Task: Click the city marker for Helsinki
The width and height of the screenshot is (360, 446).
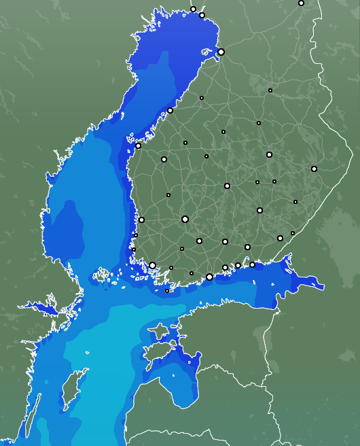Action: (209, 277)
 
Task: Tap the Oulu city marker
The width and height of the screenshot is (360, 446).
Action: (221, 52)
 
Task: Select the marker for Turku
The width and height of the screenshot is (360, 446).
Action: (153, 265)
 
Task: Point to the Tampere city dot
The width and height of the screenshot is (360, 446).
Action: (185, 219)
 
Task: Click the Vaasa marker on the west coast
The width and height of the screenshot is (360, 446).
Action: (139, 145)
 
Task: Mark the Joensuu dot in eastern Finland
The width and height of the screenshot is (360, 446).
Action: (314, 169)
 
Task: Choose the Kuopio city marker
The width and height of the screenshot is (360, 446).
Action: (269, 155)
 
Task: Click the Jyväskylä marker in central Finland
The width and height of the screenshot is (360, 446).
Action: (227, 186)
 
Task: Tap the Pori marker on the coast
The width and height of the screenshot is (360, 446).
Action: (141, 220)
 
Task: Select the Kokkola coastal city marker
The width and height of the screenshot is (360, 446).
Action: (170, 110)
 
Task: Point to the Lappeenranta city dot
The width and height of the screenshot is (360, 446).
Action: (280, 238)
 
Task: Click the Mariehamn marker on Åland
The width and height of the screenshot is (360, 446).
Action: (167, 291)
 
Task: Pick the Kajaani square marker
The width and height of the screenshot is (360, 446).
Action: (259, 123)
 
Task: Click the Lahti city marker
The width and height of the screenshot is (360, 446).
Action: (225, 241)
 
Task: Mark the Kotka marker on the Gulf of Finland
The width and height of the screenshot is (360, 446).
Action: (252, 264)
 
